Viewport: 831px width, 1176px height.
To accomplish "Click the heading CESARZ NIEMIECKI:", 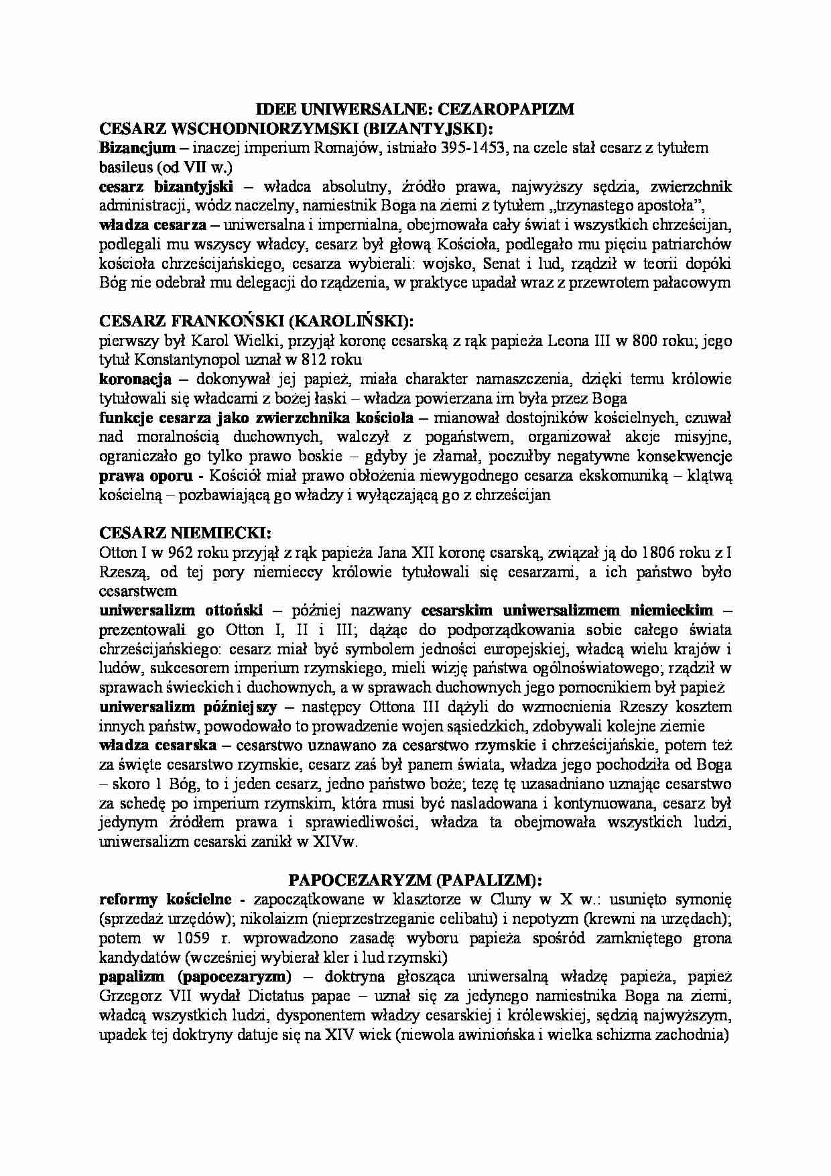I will (185, 534).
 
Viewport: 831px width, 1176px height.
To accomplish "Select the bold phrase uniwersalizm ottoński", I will (181, 611).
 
